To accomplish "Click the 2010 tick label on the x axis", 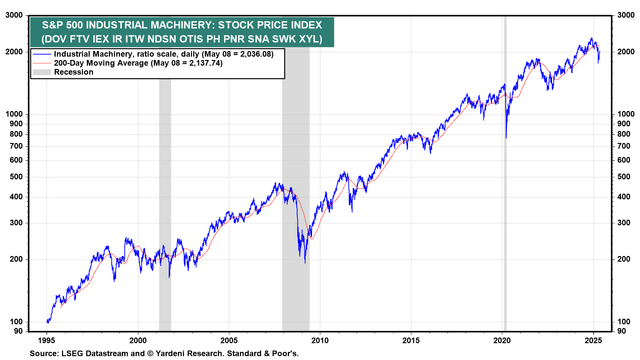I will click(x=320, y=341).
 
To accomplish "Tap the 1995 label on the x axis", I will click(x=47, y=341).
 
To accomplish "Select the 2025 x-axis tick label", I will click(x=593, y=341).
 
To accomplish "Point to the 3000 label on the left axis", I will click(x=14, y=15).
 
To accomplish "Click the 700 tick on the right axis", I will click(x=624, y=146).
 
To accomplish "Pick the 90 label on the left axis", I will click(x=18, y=331).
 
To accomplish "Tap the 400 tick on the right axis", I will click(x=624, y=197).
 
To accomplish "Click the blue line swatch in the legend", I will click(x=42, y=54).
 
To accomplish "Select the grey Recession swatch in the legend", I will click(x=42, y=72).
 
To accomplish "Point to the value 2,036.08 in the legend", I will click(x=255, y=54).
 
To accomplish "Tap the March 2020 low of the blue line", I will click(x=506, y=138).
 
